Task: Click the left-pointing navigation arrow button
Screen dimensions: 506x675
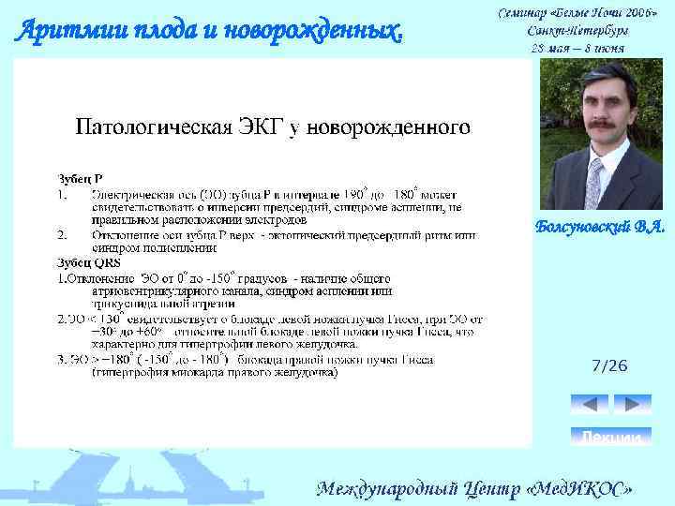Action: tap(590, 404)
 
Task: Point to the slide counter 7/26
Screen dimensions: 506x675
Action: tap(610, 365)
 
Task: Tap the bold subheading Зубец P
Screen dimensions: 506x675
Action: tap(81, 177)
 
